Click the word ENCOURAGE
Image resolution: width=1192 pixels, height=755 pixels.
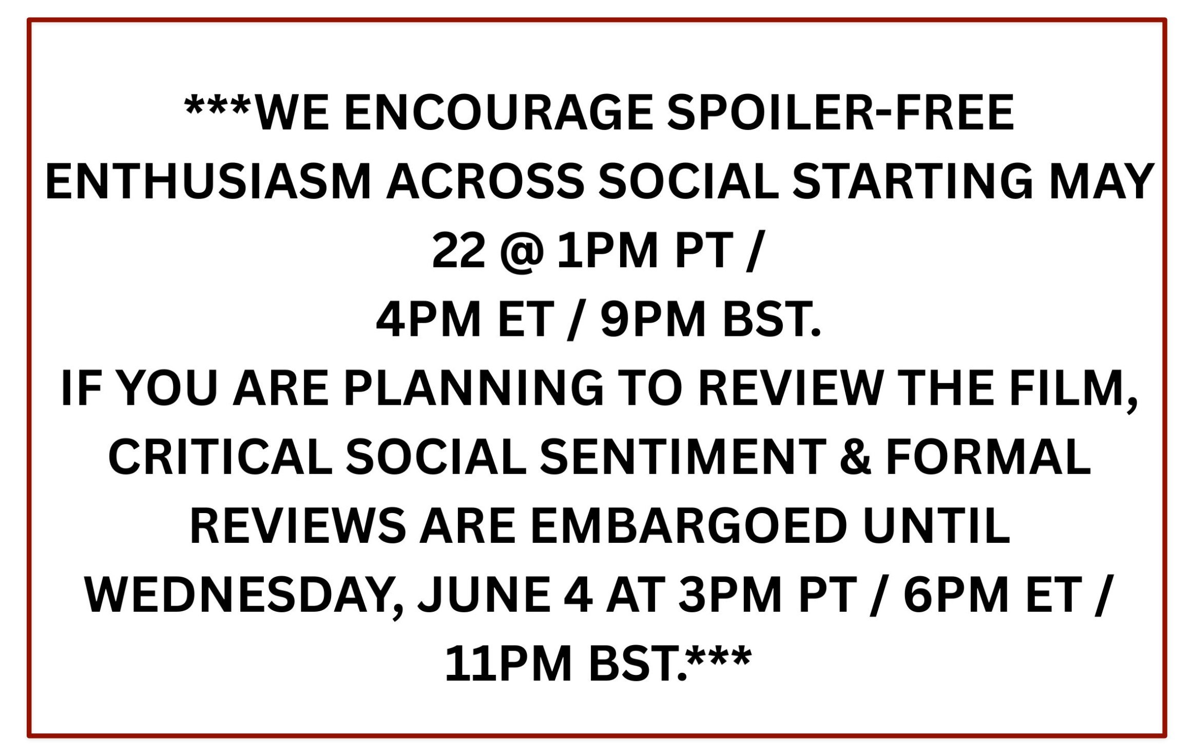click(498, 112)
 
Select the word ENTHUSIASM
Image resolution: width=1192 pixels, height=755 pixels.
click(208, 181)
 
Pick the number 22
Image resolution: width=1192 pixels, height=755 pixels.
click(458, 251)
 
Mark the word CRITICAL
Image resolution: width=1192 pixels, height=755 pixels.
click(220, 457)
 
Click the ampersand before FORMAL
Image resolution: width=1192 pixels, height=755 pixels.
click(855, 457)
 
